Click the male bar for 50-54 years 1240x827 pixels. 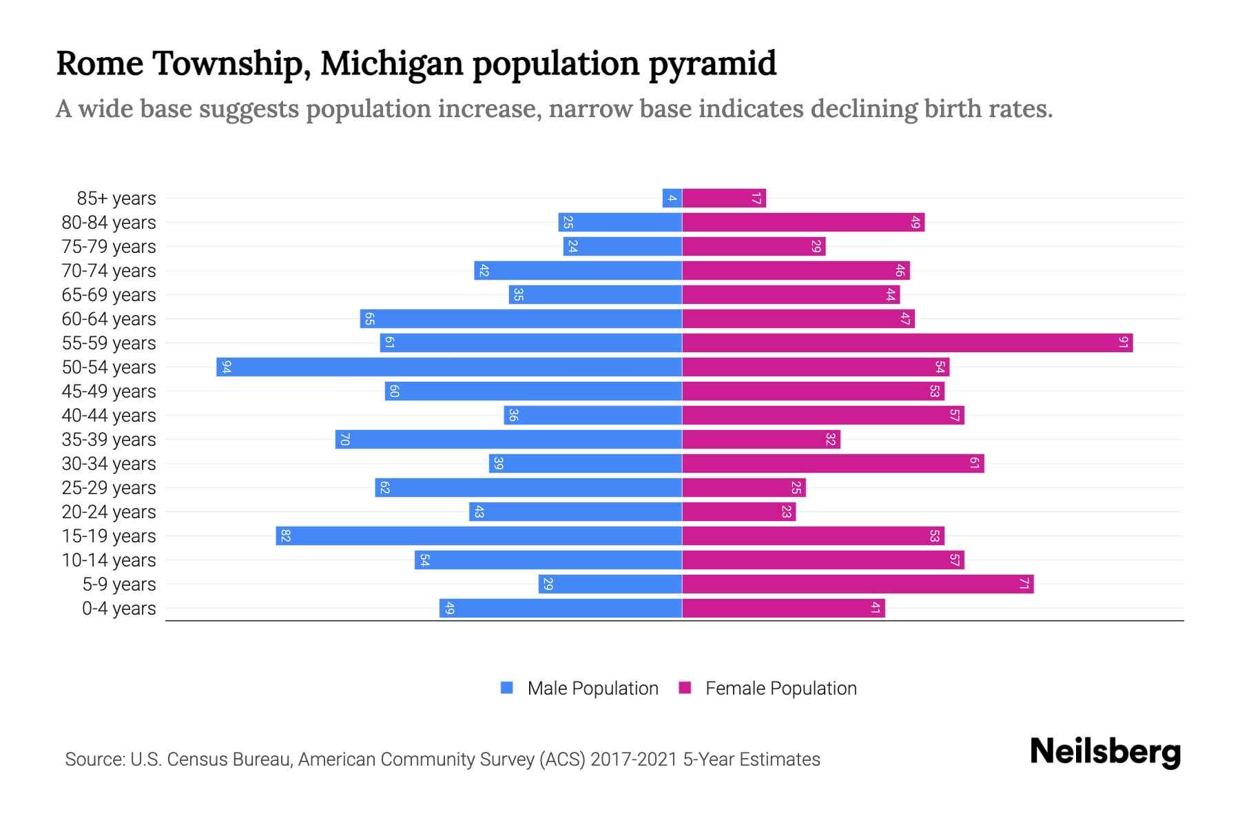click(x=449, y=367)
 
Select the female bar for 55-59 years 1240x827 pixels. click(x=907, y=343)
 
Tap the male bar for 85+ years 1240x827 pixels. click(x=672, y=198)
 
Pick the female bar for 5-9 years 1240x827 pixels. click(x=858, y=584)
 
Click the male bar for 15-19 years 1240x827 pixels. click(x=479, y=535)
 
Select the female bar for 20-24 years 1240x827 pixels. click(x=738, y=511)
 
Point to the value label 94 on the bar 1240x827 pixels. click(x=226, y=367)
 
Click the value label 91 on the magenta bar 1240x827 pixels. click(x=1123, y=343)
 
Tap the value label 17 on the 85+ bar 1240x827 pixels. click(x=756, y=198)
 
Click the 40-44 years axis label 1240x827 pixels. click(x=109, y=416)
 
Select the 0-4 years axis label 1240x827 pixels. click(x=118, y=609)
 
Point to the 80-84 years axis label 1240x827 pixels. click(x=109, y=223)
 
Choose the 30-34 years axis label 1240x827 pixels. click(x=109, y=464)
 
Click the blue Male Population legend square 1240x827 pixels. click(x=507, y=688)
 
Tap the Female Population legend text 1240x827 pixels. click(x=781, y=688)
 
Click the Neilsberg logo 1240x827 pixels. click(x=1105, y=752)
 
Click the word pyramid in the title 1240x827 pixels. click(x=712, y=63)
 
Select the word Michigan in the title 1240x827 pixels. click(x=391, y=63)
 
